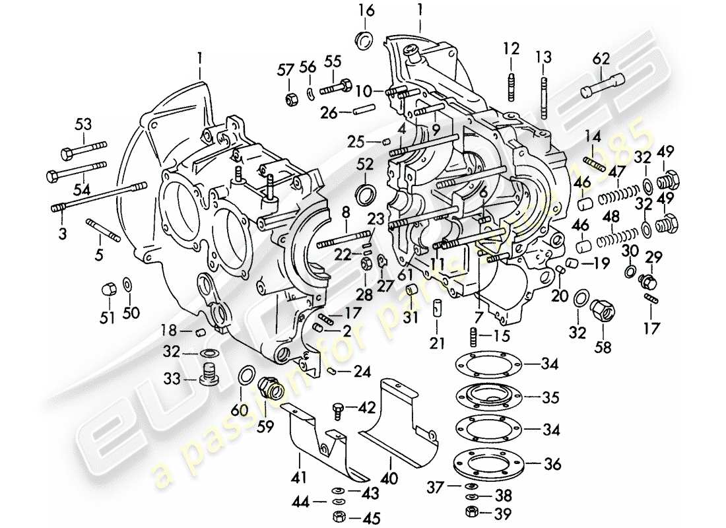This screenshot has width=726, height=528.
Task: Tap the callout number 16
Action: click(366, 11)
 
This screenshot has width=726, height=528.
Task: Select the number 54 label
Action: click(82, 190)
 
